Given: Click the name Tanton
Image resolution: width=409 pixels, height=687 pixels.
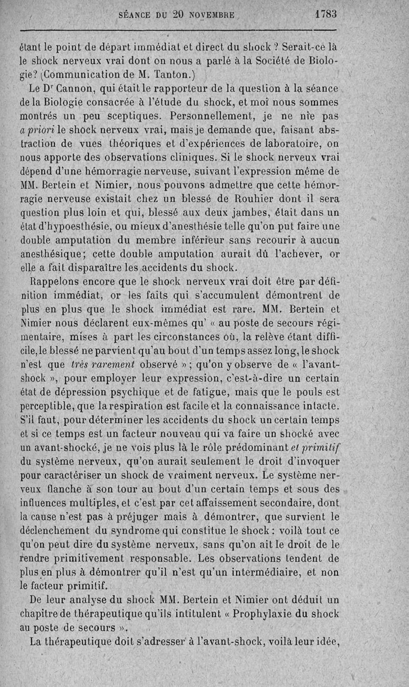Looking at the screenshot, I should click(173, 75).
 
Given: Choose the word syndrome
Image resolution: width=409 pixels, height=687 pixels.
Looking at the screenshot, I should click(143, 530).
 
